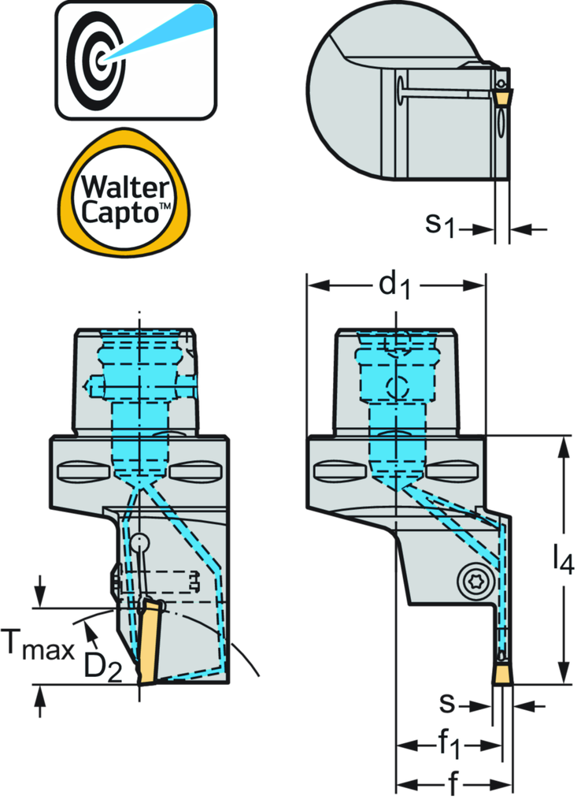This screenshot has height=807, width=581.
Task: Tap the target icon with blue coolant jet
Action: tap(135, 59)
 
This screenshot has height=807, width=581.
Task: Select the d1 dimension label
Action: tap(395, 286)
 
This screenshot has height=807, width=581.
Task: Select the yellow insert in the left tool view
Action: tap(147, 643)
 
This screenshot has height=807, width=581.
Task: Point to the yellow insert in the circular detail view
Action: tap(500, 95)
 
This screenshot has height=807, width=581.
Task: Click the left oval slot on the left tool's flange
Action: tap(82, 471)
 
